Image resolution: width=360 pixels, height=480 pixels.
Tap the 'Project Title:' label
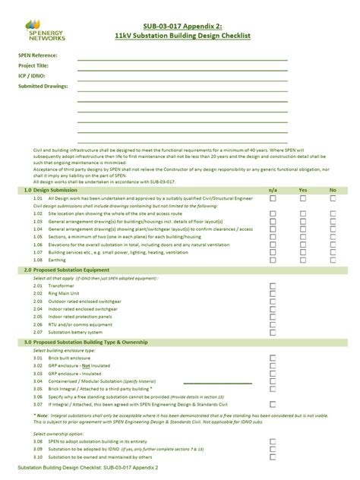[35, 66]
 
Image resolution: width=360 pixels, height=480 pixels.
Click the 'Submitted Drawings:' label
[43, 87]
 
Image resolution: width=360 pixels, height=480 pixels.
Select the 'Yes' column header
[302, 189]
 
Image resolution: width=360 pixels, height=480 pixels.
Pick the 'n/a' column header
[273, 189]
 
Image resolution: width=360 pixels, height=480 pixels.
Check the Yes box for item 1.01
[303, 198]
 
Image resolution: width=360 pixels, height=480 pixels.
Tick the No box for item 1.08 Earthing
[333, 259]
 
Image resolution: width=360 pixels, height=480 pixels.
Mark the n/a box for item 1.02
[273, 215]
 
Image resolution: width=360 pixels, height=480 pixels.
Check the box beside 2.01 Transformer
[273, 286]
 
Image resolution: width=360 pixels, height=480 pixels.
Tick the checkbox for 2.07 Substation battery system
[273, 333]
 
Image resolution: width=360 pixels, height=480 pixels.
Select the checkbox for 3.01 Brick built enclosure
[273, 358]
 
